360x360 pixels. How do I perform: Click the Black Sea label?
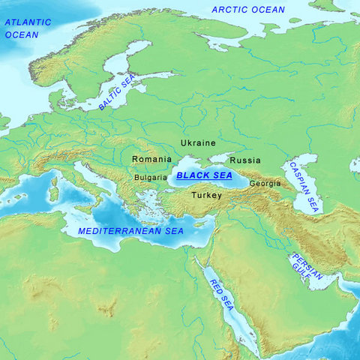tap(204, 175)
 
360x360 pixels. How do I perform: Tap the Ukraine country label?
tap(198, 142)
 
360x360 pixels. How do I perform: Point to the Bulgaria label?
tap(151, 178)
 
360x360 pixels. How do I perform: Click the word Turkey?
tap(206, 195)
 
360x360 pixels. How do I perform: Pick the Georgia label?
tap(265, 183)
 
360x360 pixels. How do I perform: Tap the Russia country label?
tap(245, 160)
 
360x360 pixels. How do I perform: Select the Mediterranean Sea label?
tap(130, 231)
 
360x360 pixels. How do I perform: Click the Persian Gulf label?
tap(307, 268)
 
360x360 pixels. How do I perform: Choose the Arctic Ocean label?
tap(248, 10)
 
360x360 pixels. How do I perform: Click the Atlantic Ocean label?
tap(28, 28)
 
